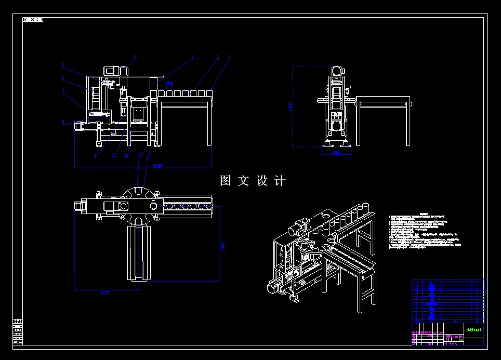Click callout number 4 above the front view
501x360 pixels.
pos(135,57)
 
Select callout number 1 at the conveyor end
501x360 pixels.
pos(229,57)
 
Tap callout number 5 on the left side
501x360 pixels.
pos(63,66)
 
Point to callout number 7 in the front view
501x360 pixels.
pos(63,91)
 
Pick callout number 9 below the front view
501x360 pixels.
pos(95,155)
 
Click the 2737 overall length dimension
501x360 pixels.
pos(158,166)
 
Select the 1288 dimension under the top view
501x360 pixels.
pos(105,292)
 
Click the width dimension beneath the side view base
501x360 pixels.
pos(336,153)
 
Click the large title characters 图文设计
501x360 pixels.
pos(253,181)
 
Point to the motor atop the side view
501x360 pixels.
pos(337,70)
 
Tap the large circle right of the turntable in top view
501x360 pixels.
pos(154,206)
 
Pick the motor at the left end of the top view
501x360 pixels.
pos(80,206)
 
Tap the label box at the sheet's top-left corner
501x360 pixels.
pos(33,20)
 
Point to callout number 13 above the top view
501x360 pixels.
pos(150,155)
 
